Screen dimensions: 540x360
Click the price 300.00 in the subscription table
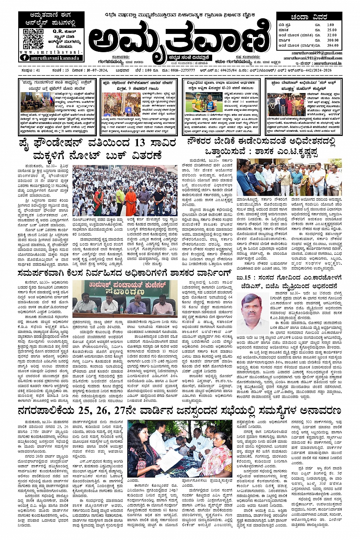(332, 40)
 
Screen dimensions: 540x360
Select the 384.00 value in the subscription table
(332, 45)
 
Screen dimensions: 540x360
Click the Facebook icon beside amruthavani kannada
(25, 58)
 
